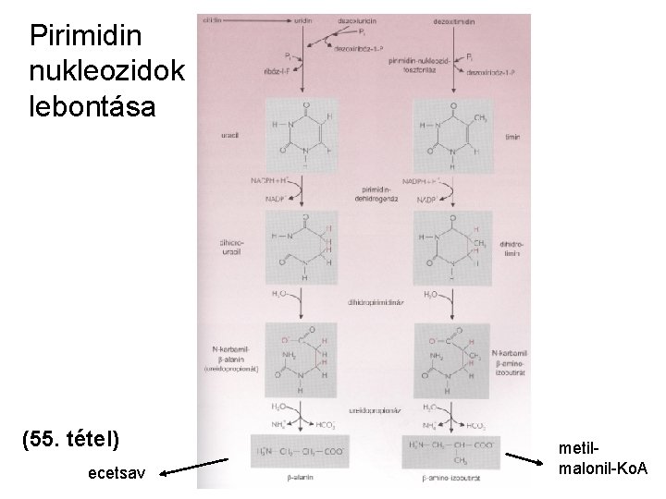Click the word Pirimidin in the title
pyautogui.click(x=86, y=37)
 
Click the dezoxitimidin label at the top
pyautogui.click(x=452, y=20)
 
